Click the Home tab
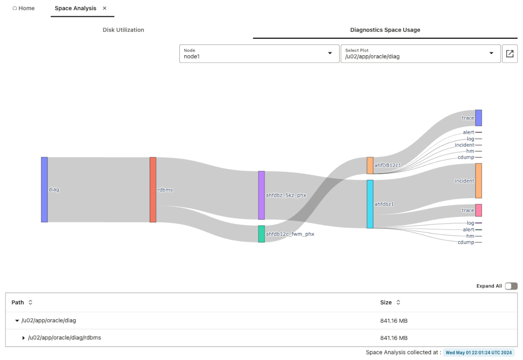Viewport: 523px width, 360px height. click(23, 8)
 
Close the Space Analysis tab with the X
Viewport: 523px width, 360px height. click(105, 8)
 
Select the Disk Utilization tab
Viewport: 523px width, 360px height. click(123, 30)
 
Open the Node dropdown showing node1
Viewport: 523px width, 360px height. click(258, 54)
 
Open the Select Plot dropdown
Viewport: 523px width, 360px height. click(420, 54)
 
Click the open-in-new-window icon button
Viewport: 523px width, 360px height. click(510, 54)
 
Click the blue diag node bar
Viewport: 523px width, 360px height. click(44, 189)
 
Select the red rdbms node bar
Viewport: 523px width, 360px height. click(153, 189)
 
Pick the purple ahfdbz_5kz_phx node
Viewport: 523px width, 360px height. click(261, 195)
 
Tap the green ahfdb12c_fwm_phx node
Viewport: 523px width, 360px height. click(261, 234)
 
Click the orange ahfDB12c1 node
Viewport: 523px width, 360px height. click(370, 165)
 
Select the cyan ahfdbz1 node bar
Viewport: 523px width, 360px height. click(370, 204)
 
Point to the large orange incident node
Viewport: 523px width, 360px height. click(479, 181)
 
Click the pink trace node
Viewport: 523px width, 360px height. click(479, 210)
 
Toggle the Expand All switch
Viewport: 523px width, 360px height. click(511, 286)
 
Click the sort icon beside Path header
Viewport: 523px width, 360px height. click(30, 302)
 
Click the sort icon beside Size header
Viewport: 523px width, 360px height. click(398, 302)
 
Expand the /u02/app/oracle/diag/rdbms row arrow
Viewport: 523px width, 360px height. click(23, 338)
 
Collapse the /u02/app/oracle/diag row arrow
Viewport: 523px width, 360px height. click(17, 321)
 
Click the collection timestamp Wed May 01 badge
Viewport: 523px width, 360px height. click(479, 352)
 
